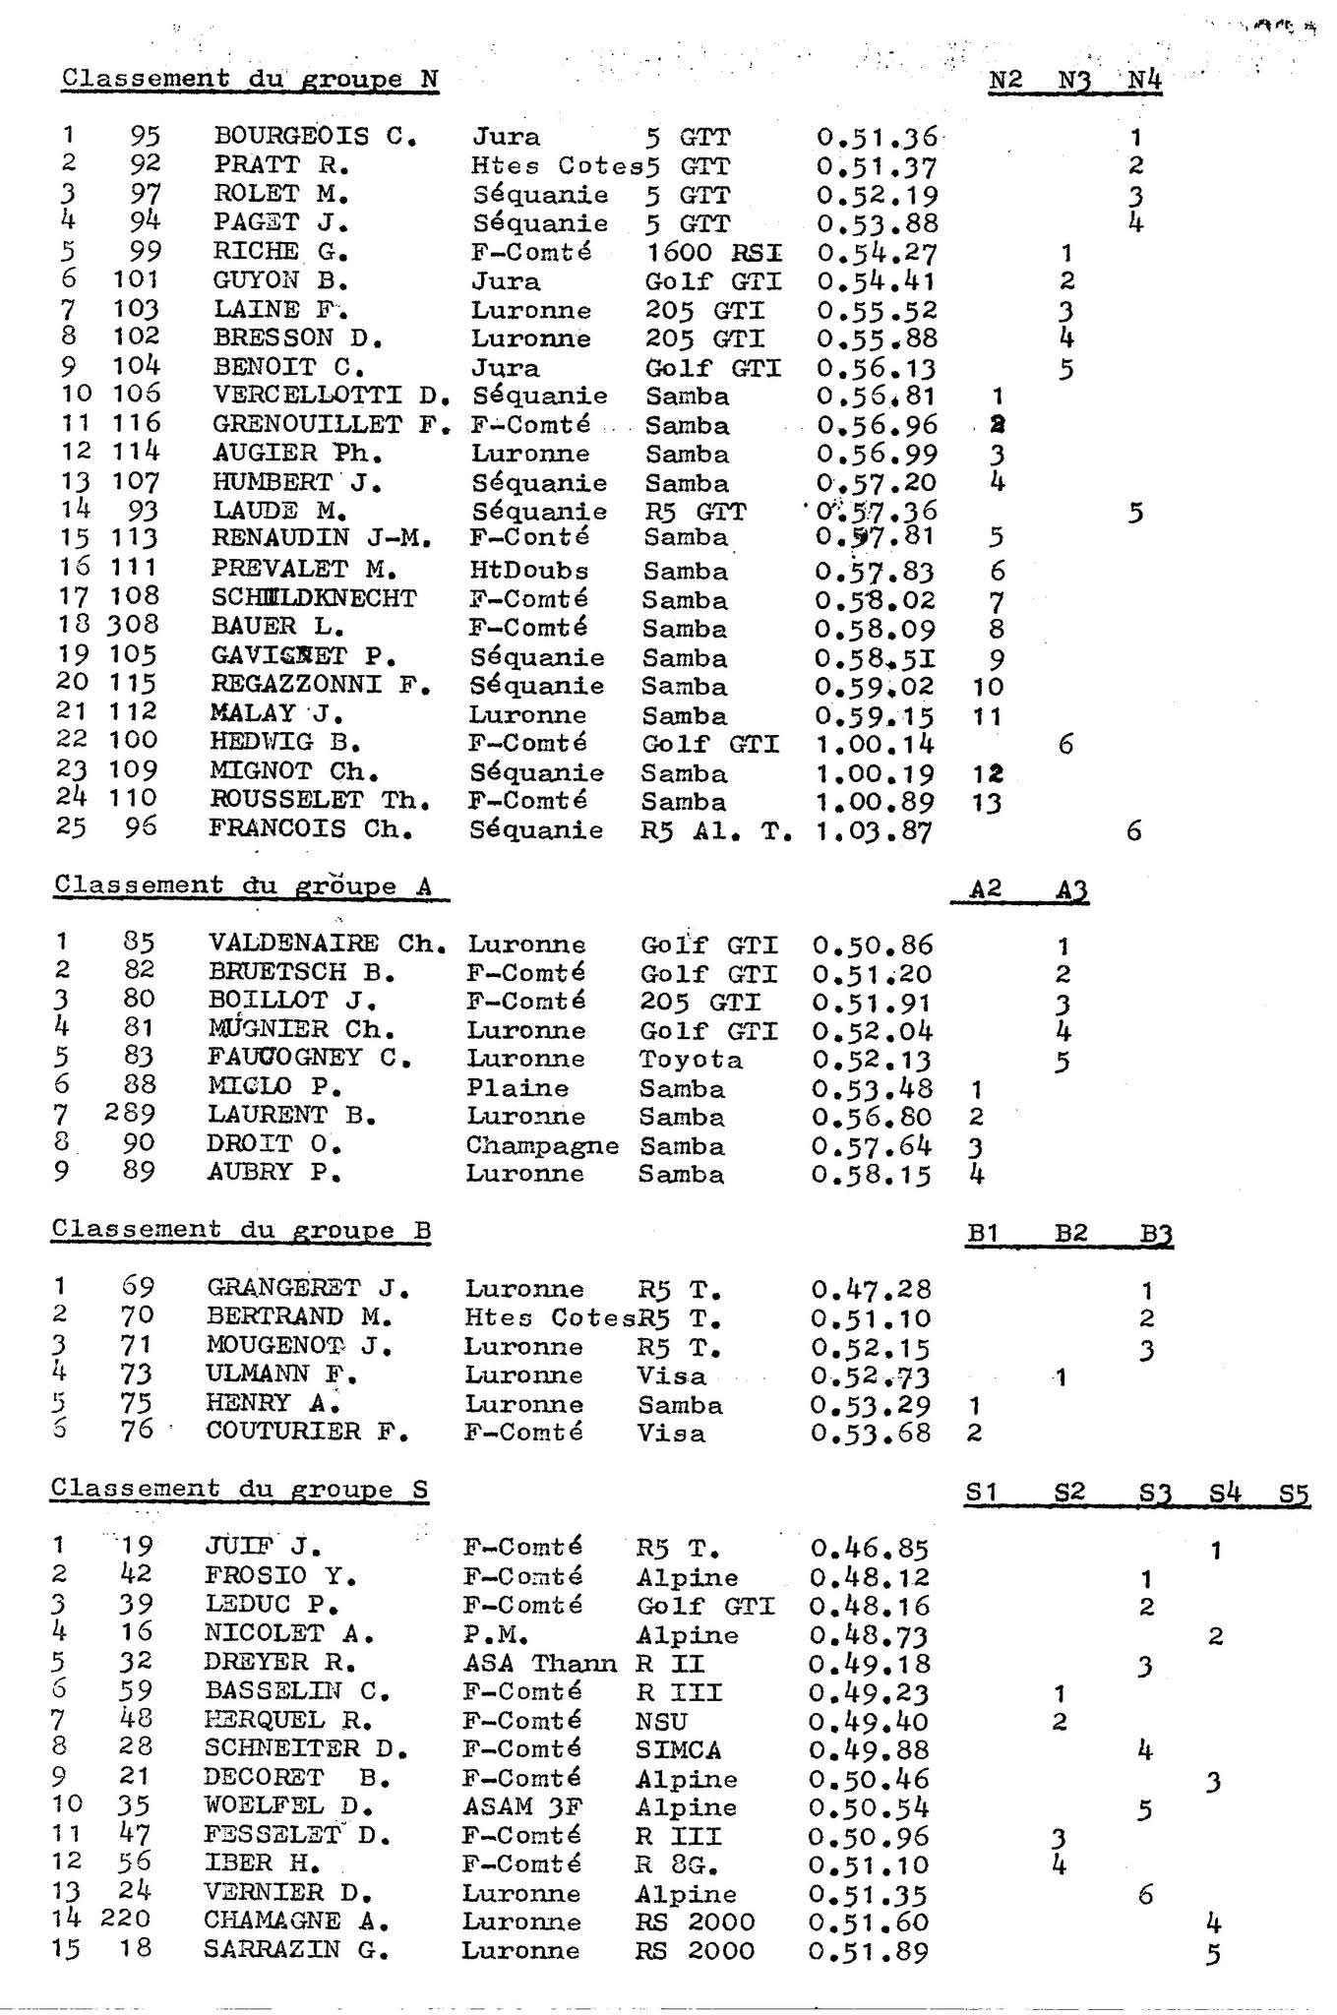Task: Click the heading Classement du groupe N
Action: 250,80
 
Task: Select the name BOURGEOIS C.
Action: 315,137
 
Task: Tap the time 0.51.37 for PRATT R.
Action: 877,167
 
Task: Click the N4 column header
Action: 1144,80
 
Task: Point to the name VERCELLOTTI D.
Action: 331,397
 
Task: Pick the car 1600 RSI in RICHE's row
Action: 713,253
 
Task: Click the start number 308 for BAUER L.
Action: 135,625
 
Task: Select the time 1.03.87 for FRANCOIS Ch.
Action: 872,831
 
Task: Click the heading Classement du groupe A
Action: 244,885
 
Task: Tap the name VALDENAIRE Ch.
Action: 327,944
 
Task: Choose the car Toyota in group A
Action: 691,1060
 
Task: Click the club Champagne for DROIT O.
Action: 541,1146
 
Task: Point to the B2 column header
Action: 1068,1231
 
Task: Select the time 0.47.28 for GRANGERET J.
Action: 871,1289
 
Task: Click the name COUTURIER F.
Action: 307,1433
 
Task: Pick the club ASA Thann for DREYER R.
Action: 539,1664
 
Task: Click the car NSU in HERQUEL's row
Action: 661,1722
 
